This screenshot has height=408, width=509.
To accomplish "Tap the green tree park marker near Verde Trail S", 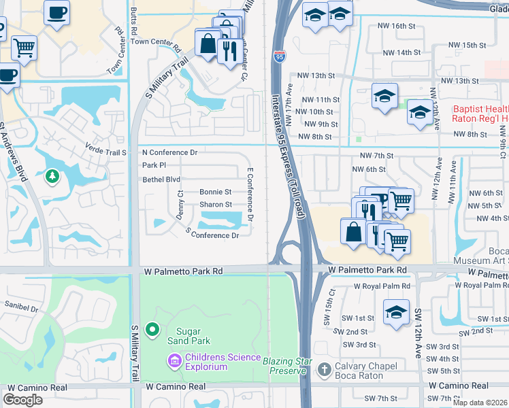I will [x=52, y=177].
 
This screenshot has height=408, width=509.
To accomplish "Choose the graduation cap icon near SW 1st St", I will [x=396, y=312].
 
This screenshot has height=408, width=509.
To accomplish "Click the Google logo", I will [x=22, y=400].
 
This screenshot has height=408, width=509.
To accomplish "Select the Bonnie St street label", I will [x=215, y=192].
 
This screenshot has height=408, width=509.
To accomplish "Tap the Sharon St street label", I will [x=215, y=205].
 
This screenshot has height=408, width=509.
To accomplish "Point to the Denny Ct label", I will [x=180, y=204].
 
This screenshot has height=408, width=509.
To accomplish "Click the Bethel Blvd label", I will [x=161, y=180].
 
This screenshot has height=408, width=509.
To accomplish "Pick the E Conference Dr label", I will [x=250, y=194].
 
